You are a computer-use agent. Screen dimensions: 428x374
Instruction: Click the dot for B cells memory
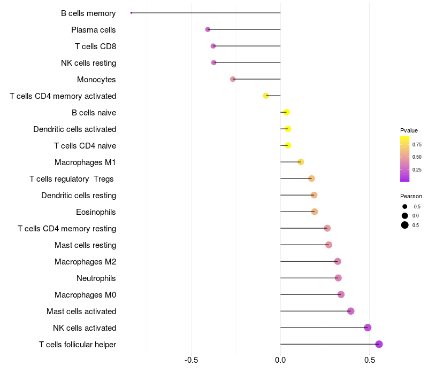click(x=131, y=13)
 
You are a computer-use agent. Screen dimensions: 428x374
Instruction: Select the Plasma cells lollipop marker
click(x=208, y=29)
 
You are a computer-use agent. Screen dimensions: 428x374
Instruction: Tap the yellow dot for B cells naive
click(x=286, y=112)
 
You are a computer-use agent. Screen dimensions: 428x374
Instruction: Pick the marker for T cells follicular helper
click(x=379, y=344)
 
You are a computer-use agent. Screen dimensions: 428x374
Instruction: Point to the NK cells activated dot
click(x=368, y=328)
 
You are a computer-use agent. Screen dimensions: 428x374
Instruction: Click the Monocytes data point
click(x=233, y=79)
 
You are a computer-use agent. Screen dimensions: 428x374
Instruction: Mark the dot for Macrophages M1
click(x=301, y=162)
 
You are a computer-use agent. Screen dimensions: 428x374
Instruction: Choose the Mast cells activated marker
click(x=351, y=311)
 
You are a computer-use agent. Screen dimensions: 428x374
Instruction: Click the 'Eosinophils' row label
click(x=96, y=212)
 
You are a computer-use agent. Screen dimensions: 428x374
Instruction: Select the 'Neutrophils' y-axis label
click(x=96, y=278)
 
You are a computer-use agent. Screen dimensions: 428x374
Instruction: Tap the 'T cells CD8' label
click(x=96, y=46)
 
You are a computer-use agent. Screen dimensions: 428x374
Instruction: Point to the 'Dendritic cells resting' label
click(x=79, y=196)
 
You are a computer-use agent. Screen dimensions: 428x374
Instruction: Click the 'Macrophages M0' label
click(x=86, y=295)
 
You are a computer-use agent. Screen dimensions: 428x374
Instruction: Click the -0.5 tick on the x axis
click(x=191, y=360)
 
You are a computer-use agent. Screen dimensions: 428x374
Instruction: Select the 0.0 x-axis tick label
click(x=280, y=360)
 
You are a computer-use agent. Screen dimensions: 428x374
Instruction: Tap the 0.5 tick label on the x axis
click(x=370, y=360)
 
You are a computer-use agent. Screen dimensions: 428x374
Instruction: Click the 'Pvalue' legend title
click(x=409, y=130)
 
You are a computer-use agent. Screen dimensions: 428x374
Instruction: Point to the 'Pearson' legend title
click(x=411, y=196)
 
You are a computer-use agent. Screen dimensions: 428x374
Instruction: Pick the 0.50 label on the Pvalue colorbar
click(x=417, y=157)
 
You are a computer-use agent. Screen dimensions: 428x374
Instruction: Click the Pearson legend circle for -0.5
click(x=405, y=207)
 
